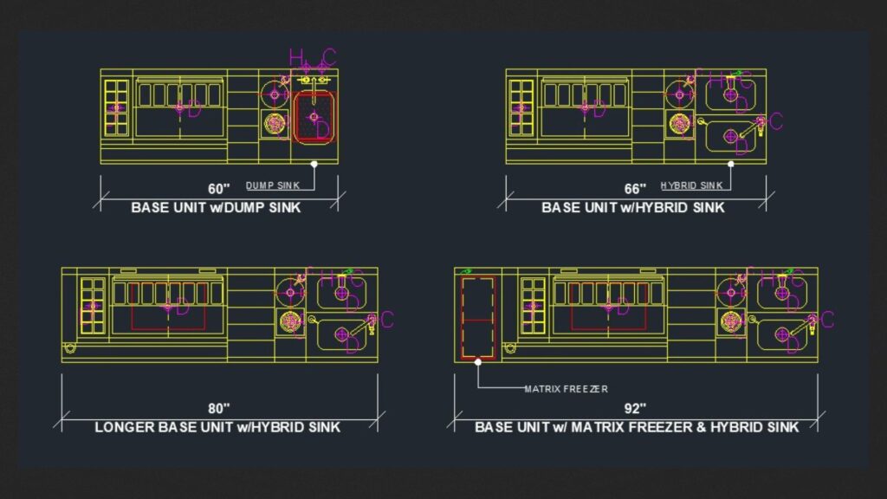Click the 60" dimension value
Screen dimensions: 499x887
click(219, 188)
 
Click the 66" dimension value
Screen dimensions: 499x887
click(635, 188)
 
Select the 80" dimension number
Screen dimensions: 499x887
click(219, 408)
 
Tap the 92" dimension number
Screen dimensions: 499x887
click(635, 408)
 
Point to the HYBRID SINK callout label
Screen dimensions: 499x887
click(690, 185)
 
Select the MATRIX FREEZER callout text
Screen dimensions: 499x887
click(566, 389)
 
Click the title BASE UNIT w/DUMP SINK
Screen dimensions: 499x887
click(217, 208)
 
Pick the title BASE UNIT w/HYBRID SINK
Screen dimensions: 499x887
click(633, 208)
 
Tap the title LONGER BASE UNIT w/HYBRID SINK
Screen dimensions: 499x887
click(217, 427)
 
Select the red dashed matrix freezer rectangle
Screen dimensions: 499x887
click(477, 318)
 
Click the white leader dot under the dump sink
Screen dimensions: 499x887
click(315, 163)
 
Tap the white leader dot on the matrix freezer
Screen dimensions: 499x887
click(477, 363)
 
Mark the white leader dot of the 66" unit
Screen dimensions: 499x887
click(730, 163)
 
